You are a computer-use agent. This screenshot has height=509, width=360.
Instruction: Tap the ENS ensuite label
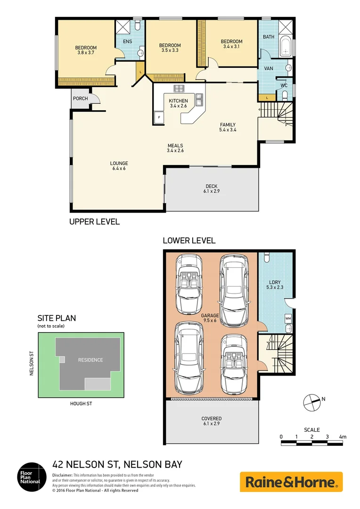point(128,41)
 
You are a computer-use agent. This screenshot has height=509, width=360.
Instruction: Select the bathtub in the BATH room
point(285,48)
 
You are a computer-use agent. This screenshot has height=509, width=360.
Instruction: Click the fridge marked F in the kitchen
point(159,117)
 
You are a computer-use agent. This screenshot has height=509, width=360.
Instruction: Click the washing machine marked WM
point(287,318)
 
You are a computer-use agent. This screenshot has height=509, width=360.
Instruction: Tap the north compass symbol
point(311,401)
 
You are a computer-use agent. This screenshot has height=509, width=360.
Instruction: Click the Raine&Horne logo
point(291,482)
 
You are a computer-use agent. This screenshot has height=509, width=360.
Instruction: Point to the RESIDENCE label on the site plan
point(90,360)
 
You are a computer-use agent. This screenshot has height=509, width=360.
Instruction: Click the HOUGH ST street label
point(81,404)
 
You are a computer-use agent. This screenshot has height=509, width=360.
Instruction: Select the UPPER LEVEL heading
point(94,222)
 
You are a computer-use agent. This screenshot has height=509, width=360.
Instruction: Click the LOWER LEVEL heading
point(189,240)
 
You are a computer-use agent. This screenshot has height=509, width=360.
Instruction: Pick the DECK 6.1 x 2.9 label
point(211,189)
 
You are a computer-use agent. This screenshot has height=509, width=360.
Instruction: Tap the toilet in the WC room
point(284,96)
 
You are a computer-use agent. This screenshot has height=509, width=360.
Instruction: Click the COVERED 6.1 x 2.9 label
point(211,421)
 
